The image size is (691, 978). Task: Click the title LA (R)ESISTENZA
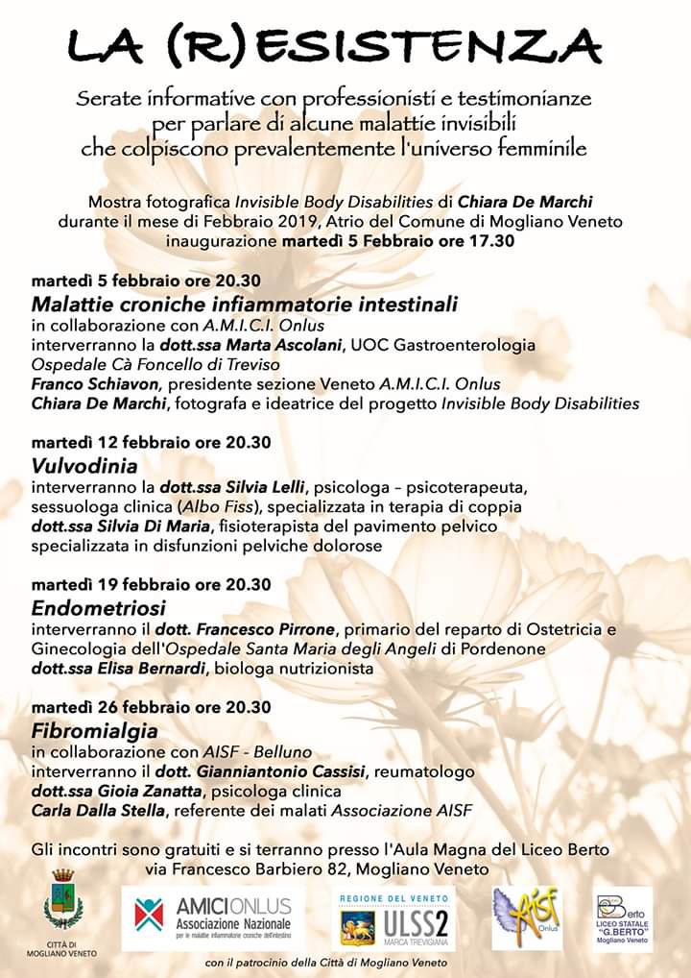point(336,44)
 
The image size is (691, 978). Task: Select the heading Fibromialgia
point(83,730)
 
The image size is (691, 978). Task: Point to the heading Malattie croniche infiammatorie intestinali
point(245,304)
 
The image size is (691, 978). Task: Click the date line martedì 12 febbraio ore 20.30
point(151,442)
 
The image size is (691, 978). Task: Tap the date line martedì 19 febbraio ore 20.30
point(151,584)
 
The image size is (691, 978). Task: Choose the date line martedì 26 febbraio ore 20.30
point(151,707)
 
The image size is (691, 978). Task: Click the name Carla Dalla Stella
point(97,811)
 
